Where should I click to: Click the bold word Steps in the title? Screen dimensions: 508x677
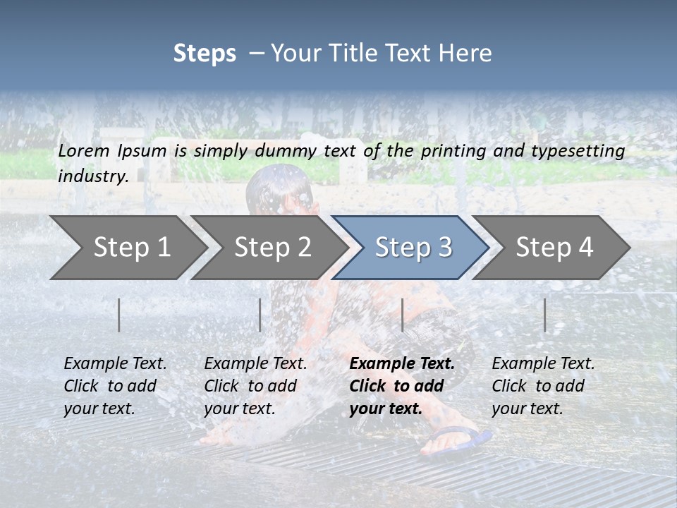(x=205, y=54)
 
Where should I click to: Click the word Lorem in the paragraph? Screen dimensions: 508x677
(x=84, y=150)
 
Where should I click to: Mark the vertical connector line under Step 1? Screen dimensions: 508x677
(x=119, y=315)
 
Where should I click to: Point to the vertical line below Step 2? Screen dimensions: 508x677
(x=260, y=315)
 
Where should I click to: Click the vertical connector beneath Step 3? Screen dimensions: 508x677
(x=402, y=315)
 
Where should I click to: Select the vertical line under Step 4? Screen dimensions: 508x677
(x=544, y=315)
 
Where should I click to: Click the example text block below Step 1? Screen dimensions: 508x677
(x=115, y=386)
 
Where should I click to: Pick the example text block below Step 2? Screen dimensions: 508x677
(x=255, y=386)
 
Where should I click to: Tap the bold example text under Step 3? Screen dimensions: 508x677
(x=401, y=386)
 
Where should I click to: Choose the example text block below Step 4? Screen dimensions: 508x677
(x=543, y=386)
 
